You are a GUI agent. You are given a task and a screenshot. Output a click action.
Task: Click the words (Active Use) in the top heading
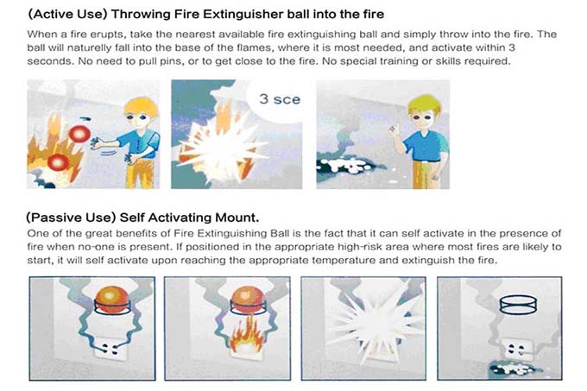pyautogui.click(x=67, y=14)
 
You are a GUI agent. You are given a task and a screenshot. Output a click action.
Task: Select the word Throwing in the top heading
pyautogui.click(x=138, y=14)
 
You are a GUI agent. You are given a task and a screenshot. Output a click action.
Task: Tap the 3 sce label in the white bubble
pyautogui.click(x=280, y=99)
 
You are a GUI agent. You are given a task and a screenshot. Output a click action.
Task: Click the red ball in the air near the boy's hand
pyautogui.click(x=79, y=134)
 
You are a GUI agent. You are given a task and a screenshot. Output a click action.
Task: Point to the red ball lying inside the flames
pyautogui.click(x=58, y=163)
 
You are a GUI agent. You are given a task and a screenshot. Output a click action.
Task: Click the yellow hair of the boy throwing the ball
pyautogui.click(x=141, y=105)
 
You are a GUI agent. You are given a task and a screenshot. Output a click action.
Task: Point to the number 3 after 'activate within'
pyautogui.click(x=512, y=47)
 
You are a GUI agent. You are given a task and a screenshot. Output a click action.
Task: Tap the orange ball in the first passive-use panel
pyautogui.click(x=111, y=300)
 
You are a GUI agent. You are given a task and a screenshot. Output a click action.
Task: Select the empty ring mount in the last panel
pyautogui.click(x=518, y=304)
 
